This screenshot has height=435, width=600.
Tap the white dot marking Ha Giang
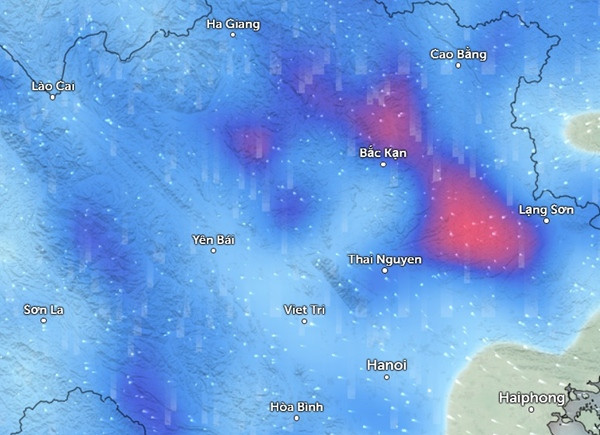[233, 35]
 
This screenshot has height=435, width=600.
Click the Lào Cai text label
[54, 86]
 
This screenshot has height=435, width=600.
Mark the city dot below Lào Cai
[53, 98]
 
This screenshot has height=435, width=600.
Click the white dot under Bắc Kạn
[382, 165]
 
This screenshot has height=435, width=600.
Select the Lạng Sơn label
[546, 209]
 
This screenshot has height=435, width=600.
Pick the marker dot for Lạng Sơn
[547, 221]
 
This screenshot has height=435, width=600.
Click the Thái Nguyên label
[385, 259]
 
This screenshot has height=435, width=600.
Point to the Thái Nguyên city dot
[385, 270]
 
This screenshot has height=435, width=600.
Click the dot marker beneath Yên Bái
[213, 251]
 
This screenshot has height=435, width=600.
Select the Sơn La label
[44, 310]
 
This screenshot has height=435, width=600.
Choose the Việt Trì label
[305, 310]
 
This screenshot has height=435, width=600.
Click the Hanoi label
[387, 364]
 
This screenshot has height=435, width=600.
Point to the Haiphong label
[532, 399]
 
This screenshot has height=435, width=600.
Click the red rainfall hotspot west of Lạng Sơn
[470, 222]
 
